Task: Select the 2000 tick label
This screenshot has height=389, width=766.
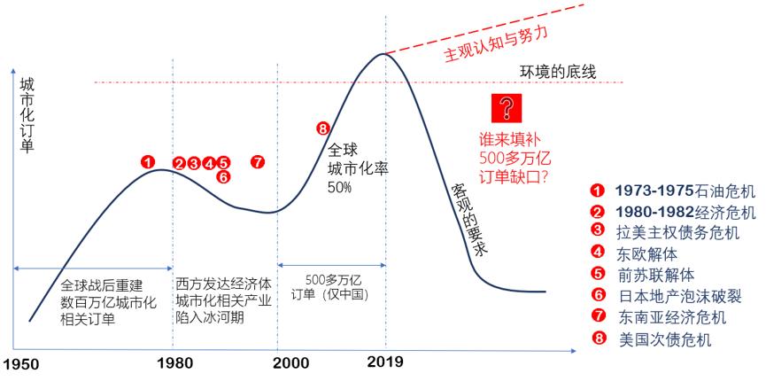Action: (278, 363)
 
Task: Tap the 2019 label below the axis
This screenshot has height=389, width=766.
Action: (385, 362)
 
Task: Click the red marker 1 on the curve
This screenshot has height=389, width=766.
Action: (148, 162)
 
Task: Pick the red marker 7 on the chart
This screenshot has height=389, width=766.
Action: (257, 162)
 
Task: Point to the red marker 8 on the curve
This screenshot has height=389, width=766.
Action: (322, 129)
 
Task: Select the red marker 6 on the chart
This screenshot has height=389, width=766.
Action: (223, 177)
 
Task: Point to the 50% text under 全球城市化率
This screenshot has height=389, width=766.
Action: (340, 188)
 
